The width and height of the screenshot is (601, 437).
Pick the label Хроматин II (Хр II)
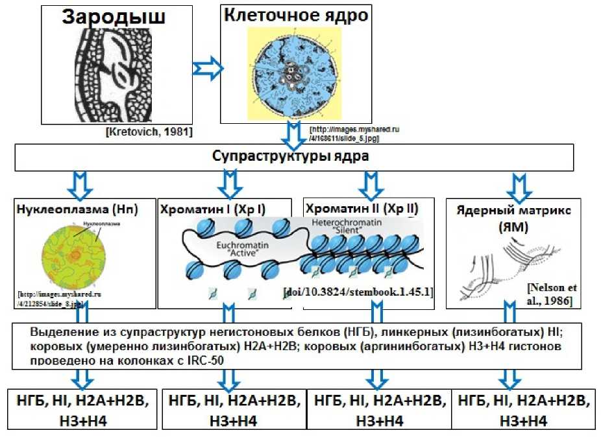pyautogui.click(x=362, y=209)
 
